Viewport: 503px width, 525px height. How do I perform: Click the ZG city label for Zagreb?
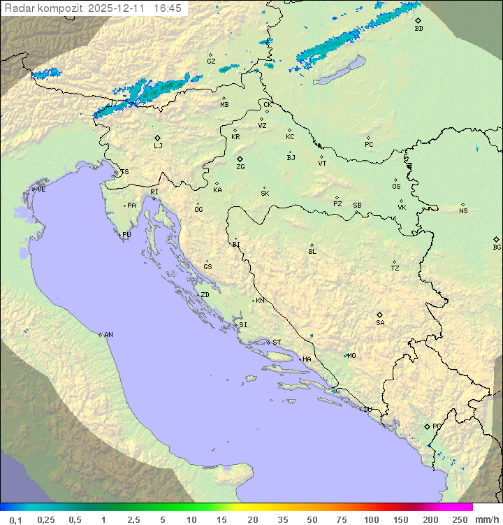[x=240, y=167]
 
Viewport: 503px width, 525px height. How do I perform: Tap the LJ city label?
[x=158, y=145]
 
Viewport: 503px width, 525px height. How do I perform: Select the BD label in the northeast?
[x=418, y=29]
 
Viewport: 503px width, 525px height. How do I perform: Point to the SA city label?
[x=380, y=322]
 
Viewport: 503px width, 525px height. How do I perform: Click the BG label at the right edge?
[x=497, y=247]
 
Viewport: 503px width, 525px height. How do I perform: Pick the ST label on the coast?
[x=277, y=343]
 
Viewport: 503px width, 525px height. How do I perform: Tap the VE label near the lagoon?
[x=41, y=189]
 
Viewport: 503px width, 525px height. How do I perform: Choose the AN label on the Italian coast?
[x=108, y=335]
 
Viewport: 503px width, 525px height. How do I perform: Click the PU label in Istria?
[x=126, y=235]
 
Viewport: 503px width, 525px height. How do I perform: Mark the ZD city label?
[x=205, y=295]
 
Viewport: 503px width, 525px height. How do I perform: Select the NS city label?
[x=463, y=211]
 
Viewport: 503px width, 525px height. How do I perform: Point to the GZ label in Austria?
[x=211, y=61]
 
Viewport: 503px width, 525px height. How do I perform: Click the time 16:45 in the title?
[x=168, y=8]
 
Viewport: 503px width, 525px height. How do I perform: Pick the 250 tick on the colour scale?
[x=460, y=519]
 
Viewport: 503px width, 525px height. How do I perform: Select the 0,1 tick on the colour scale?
[x=15, y=519]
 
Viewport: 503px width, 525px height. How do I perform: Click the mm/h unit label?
[x=485, y=519]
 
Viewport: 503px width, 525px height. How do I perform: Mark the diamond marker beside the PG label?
[x=427, y=426]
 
